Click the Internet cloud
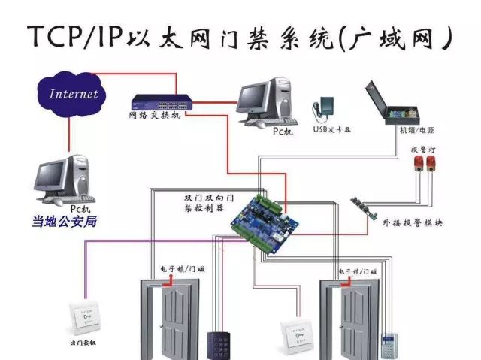tap(74, 95)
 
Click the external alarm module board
tap(368, 206)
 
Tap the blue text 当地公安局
tap(64, 222)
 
